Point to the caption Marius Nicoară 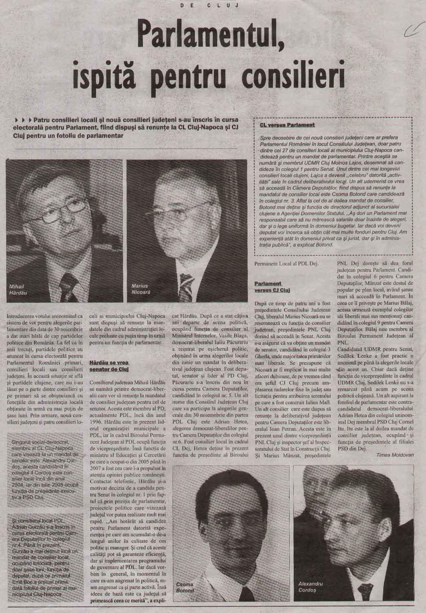(x=140, y=289)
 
